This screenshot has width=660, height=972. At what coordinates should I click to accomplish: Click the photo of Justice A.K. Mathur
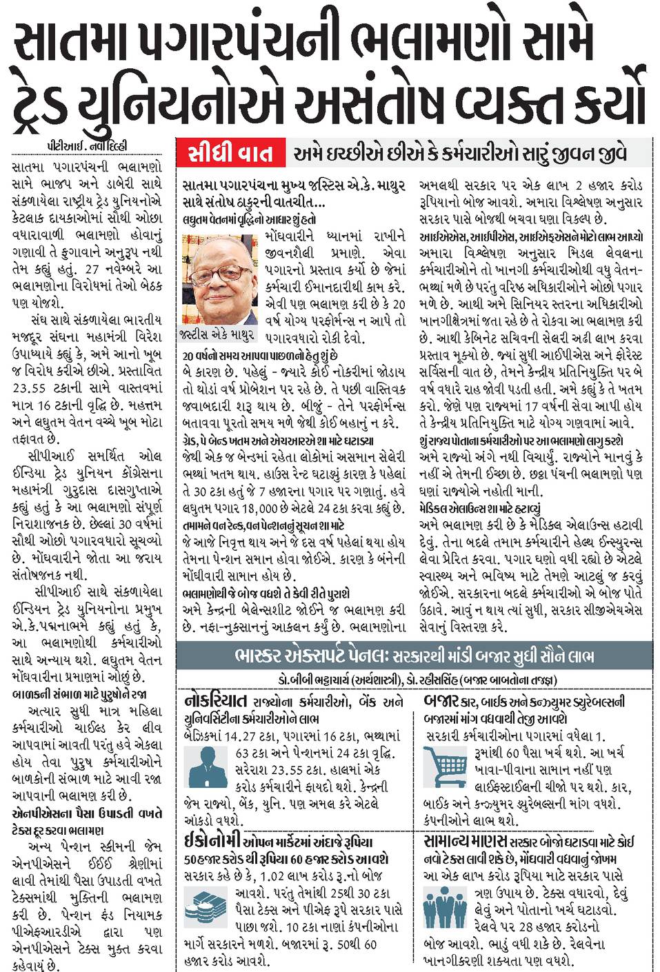click(x=218, y=279)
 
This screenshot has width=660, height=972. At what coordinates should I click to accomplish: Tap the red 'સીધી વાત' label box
click(x=230, y=153)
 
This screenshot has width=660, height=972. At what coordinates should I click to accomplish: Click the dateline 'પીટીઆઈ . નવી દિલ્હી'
click(x=88, y=146)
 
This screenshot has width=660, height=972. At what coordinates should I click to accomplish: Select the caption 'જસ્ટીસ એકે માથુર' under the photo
click(x=219, y=334)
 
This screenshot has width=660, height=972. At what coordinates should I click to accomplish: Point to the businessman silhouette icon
click(x=206, y=767)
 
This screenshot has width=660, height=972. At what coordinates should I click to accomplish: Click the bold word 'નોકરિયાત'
click(x=216, y=702)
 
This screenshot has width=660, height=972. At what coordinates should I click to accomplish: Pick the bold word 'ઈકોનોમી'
click(x=212, y=841)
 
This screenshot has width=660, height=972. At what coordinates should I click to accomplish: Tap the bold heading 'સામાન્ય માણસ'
click(x=466, y=841)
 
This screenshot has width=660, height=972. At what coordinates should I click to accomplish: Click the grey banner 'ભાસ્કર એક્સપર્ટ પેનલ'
click(x=414, y=656)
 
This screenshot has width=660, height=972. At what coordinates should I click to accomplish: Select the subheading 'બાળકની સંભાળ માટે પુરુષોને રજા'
click(x=79, y=694)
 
